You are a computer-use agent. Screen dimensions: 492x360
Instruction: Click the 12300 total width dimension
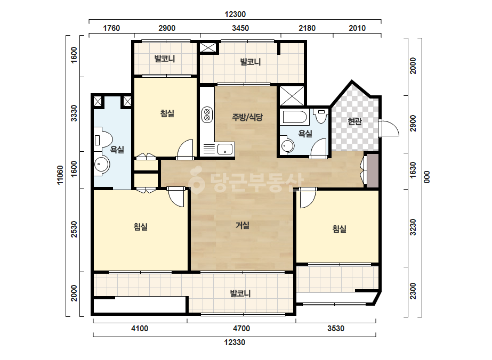235,14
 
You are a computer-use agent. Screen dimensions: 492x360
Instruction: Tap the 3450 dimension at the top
240,28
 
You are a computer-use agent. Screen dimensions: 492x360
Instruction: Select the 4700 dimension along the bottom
241,329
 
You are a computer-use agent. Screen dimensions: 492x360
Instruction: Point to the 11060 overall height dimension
60,175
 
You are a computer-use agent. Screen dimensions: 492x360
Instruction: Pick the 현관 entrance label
354,121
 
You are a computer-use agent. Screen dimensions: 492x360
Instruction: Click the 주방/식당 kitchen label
247,117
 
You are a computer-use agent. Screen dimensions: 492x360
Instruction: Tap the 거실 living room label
243,225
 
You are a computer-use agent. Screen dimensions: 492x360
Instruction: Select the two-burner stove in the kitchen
207,114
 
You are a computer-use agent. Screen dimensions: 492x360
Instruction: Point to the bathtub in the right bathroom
295,117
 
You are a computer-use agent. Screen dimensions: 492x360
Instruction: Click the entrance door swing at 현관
389,128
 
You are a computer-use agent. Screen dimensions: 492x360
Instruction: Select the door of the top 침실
185,149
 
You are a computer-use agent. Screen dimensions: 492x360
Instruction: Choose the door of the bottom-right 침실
308,198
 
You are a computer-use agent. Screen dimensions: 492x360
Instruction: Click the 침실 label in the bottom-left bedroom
141,226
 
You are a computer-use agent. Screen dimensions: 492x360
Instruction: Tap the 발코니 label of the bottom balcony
240,294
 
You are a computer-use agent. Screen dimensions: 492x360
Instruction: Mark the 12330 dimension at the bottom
235,342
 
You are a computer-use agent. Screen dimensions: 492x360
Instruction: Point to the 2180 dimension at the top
307,28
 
